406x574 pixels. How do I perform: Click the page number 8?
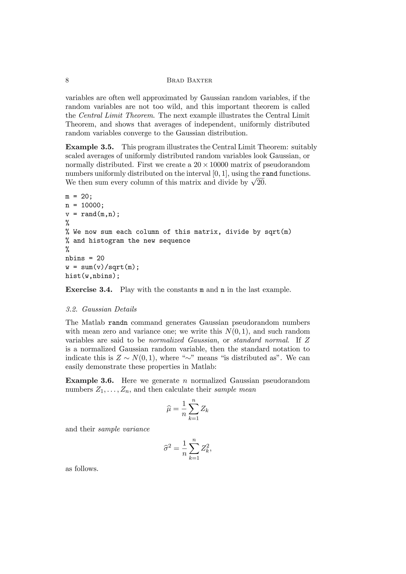67,80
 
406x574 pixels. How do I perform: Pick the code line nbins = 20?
85,258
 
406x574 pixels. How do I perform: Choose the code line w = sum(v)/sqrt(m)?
102,267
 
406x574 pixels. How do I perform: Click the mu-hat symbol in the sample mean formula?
169,409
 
